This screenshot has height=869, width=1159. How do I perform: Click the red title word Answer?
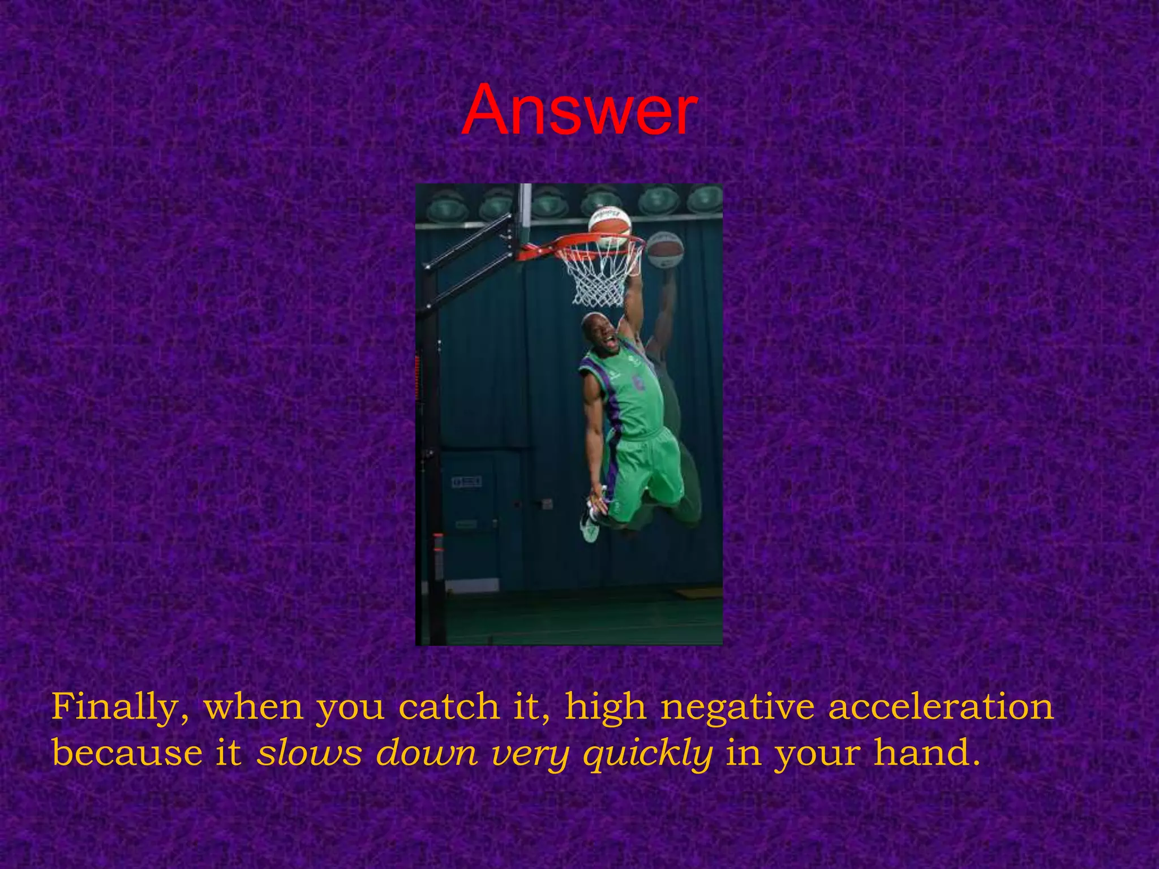pos(578,110)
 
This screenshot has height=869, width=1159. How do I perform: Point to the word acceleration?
pos(941,707)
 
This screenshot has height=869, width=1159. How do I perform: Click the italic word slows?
pos(309,754)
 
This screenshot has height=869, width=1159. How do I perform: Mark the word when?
pos(253,707)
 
